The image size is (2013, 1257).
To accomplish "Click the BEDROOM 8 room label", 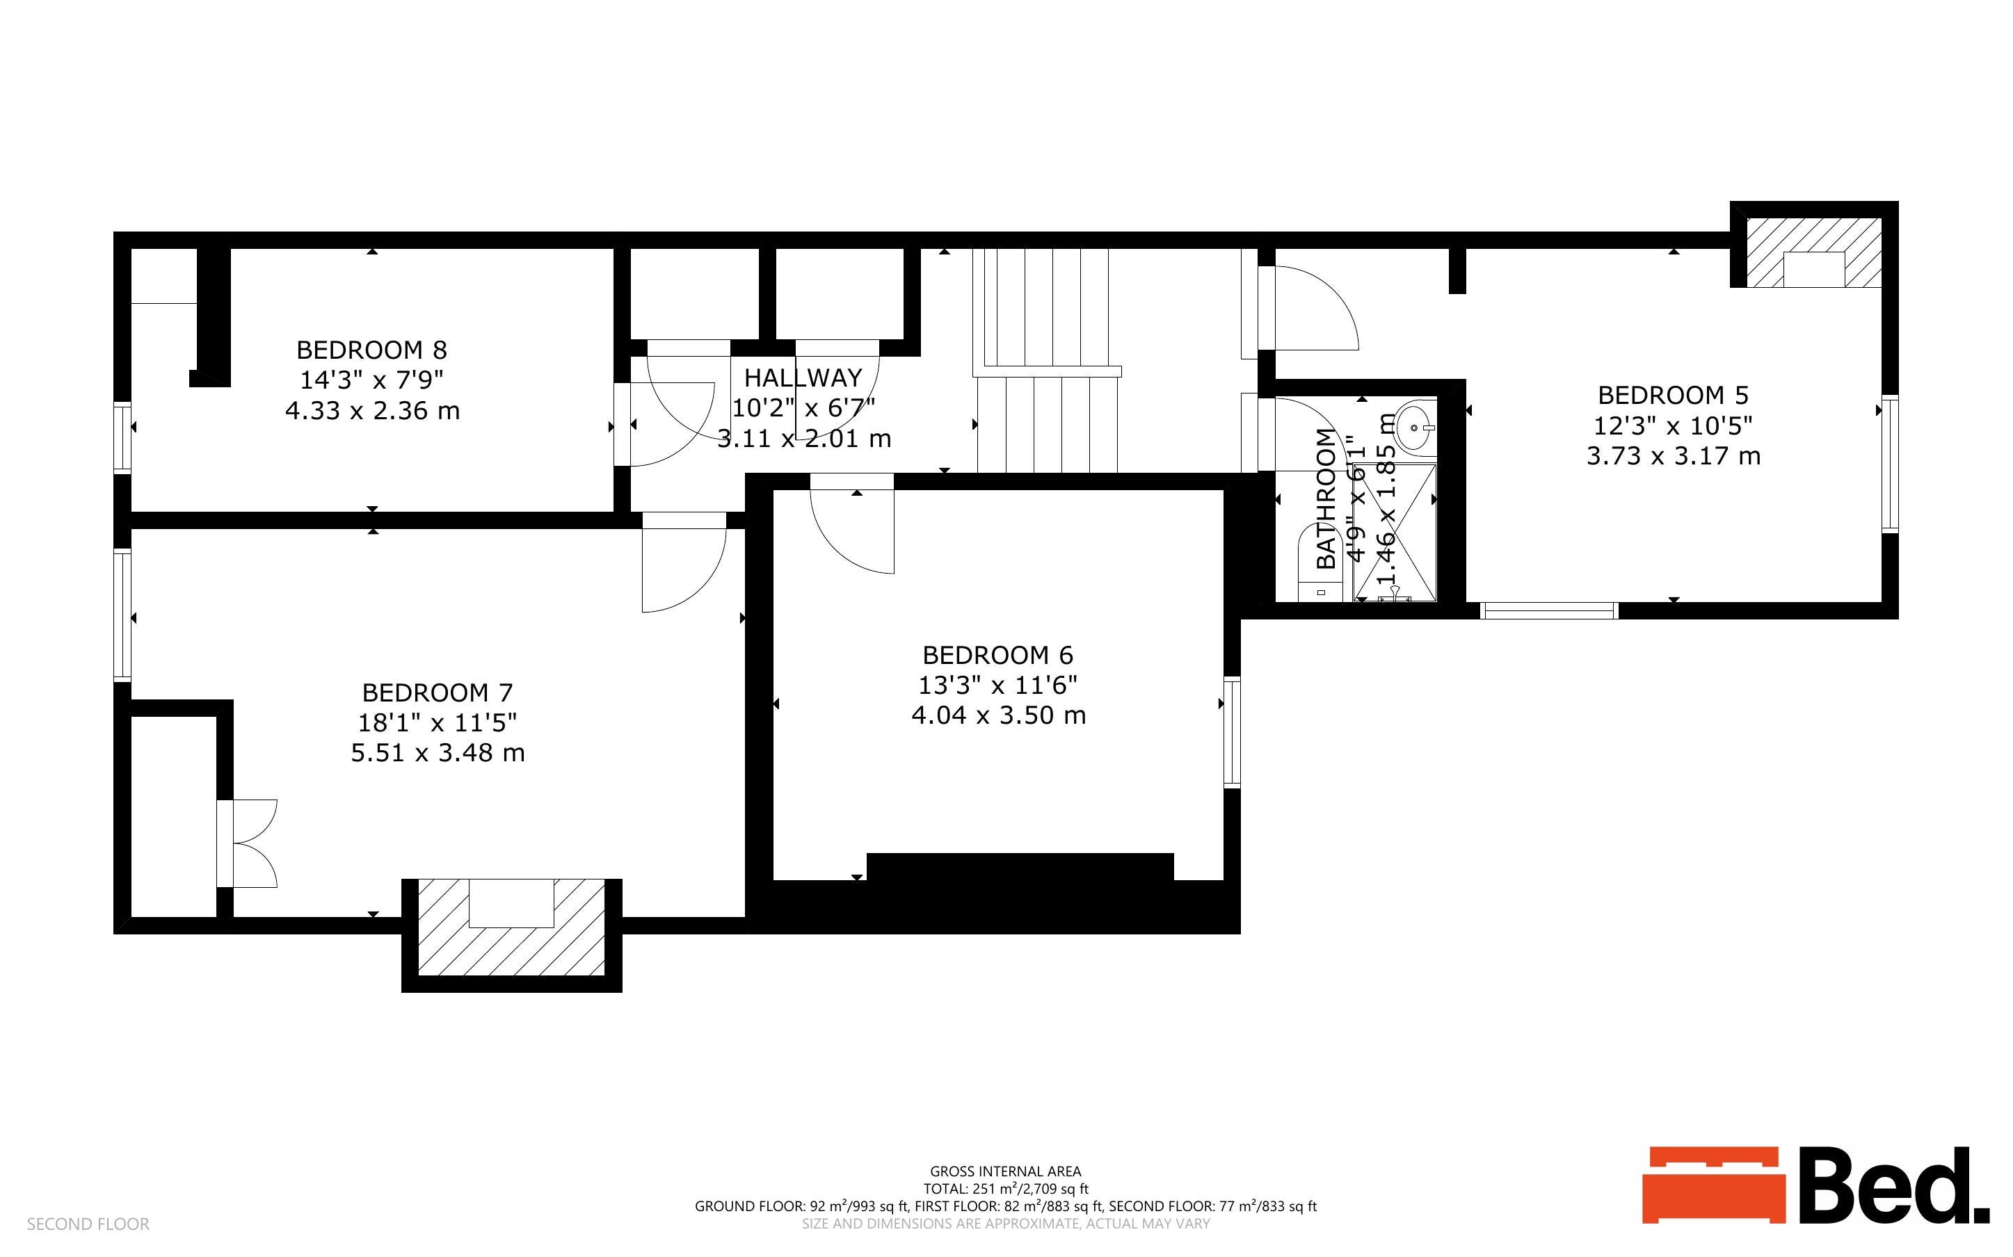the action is point(371,349).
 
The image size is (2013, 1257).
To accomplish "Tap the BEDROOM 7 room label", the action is point(438,692).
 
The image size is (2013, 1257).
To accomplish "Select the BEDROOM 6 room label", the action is point(997,655).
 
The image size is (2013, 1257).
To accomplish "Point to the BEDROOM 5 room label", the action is point(1673,395).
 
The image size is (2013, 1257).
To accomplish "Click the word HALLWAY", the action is point(803,378).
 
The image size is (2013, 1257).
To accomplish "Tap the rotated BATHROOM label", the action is point(1326,498).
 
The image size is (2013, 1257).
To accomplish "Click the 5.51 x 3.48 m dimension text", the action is point(438,753).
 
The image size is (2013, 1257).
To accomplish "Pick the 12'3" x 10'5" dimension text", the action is point(1673,425).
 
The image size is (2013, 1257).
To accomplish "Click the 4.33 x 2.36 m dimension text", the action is point(371,411).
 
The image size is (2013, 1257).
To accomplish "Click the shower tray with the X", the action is point(1395,532).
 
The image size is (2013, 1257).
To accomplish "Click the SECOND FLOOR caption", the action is point(88,1224).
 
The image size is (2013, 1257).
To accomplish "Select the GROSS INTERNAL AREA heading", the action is point(1005,1171).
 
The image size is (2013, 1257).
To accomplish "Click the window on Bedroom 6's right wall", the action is point(1233,731).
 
